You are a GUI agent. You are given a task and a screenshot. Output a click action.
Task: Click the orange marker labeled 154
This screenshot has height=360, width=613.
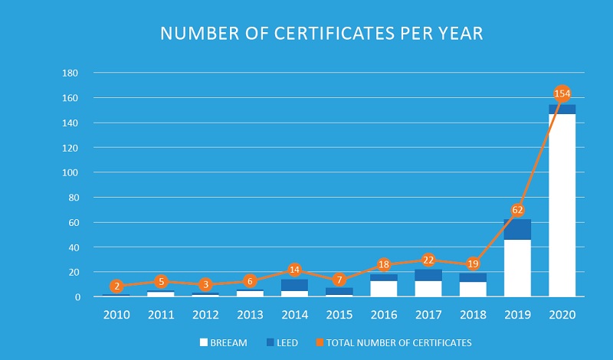562,94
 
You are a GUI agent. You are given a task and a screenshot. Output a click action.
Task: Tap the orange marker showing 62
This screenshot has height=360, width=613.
517,209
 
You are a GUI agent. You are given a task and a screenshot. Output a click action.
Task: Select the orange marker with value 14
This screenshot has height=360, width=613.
294,270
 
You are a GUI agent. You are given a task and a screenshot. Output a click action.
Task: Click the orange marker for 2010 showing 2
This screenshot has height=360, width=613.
116,286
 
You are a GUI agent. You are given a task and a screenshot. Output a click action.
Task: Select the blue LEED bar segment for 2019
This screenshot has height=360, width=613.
517,229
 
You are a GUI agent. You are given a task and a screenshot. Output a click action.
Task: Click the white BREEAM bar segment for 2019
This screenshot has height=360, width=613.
517,268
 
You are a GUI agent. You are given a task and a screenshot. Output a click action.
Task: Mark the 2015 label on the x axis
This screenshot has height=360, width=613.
339,314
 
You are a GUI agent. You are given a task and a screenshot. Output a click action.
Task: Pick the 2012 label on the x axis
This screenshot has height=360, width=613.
205,314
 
